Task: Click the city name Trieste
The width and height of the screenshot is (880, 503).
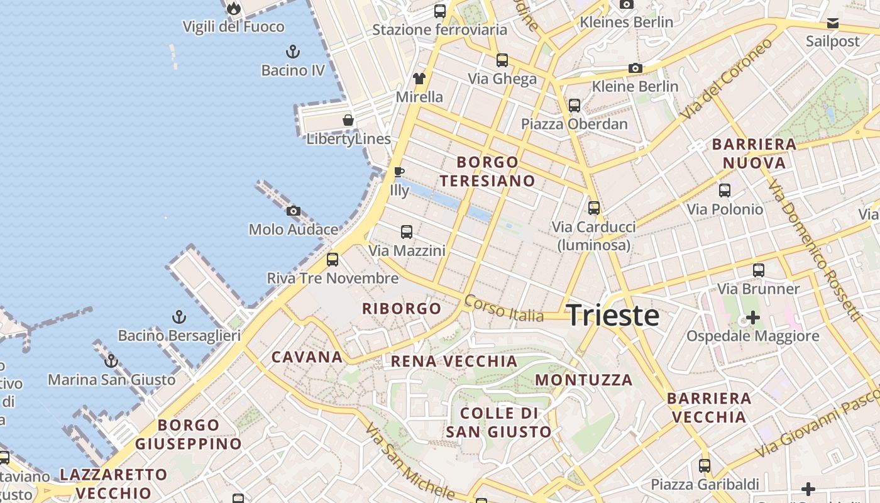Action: point(613,316)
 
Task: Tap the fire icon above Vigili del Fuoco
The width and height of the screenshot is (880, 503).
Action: point(234,8)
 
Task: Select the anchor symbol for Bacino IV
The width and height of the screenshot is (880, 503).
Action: point(292,51)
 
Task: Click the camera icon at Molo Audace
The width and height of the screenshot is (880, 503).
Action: point(293,211)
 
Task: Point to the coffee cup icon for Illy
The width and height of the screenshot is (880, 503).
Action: point(399,172)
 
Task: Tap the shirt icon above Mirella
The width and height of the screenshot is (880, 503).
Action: point(419,79)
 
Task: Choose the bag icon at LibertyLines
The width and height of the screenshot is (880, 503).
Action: point(348,120)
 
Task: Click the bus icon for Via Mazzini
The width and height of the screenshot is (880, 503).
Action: point(407,232)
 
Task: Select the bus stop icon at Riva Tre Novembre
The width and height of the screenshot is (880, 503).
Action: point(333,259)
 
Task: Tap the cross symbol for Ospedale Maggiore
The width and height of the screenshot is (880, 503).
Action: point(752,317)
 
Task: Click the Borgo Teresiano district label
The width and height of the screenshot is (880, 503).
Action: point(487,172)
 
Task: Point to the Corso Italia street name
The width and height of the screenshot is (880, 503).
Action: point(503,308)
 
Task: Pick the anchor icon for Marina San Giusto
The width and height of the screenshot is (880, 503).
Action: point(111,361)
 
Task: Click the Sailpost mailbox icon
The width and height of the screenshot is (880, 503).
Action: point(833,24)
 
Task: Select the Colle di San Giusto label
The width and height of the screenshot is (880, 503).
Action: point(498,423)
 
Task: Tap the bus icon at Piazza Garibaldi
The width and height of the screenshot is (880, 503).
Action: point(705,466)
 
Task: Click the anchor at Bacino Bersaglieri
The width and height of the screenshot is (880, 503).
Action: point(180,316)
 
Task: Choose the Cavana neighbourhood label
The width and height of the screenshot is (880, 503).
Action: point(307,357)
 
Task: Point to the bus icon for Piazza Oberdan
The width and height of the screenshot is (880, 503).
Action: point(575,105)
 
